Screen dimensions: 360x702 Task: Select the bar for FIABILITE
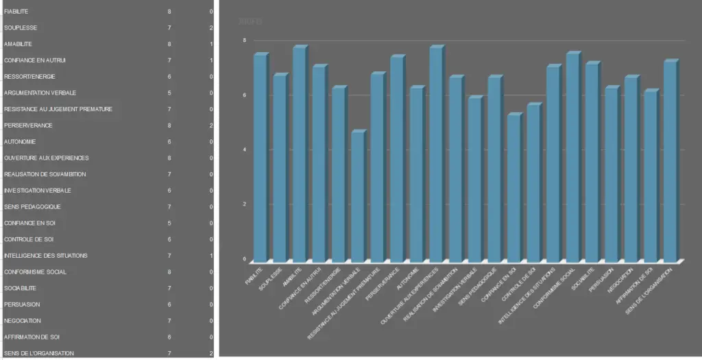click(260, 158)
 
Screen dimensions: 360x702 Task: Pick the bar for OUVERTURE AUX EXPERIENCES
click(435, 154)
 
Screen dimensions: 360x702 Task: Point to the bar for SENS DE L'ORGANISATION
click(669, 160)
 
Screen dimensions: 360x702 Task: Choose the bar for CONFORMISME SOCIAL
click(572, 157)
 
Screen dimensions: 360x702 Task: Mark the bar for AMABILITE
click(299, 154)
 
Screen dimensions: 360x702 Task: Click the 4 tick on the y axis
click(244, 149)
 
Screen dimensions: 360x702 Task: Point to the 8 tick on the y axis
click(244, 40)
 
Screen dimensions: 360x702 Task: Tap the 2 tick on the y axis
click(244, 204)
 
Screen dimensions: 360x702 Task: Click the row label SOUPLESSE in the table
click(21, 28)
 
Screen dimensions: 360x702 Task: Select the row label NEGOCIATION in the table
click(23, 321)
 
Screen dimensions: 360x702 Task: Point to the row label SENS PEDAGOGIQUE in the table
click(32, 207)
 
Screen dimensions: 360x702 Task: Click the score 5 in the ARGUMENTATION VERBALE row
click(169, 93)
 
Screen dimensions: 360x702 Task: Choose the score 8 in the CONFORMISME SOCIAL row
click(169, 272)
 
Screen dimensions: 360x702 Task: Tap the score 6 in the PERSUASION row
click(169, 304)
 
